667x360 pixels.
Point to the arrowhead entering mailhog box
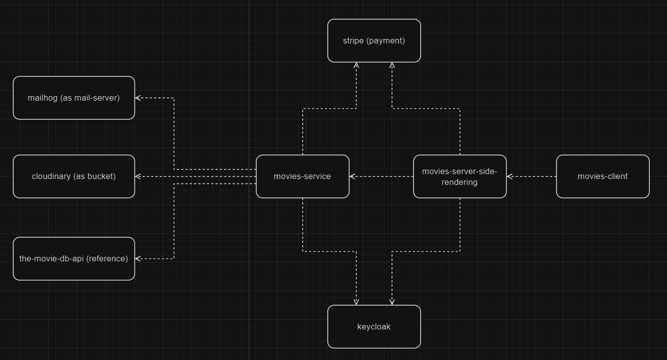[138, 98]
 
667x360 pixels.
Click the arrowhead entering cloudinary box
[138, 177]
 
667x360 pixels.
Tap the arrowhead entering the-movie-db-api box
[138, 258]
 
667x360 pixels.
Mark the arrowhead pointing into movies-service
[352, 177]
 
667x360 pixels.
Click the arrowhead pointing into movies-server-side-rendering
[510, 177]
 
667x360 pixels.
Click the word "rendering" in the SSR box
[459, 182]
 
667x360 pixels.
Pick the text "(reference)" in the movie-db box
[107, 258]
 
